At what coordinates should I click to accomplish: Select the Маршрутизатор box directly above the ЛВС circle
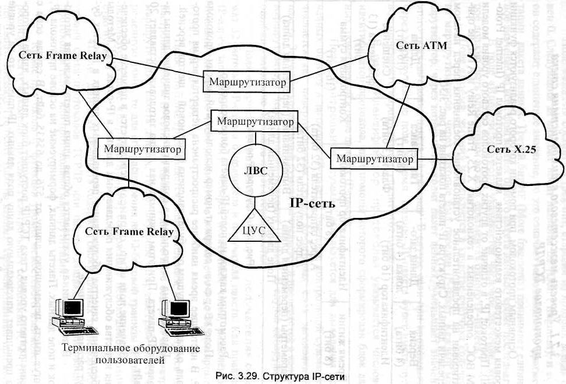point(254,122)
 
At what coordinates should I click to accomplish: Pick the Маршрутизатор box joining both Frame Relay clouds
point(143,149)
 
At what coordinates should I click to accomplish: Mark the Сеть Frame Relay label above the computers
point(129,232)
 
